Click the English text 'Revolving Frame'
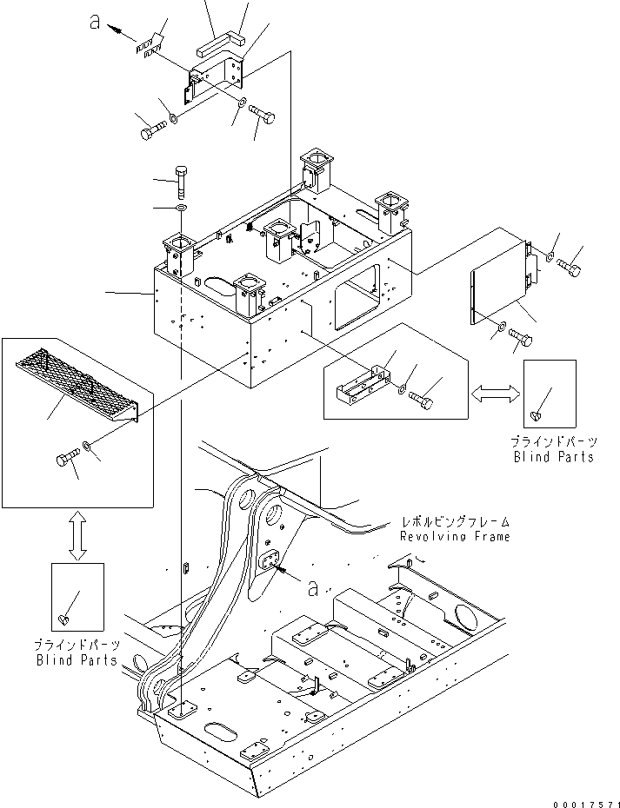click(x=454, y=537)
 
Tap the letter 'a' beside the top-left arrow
click(x=96, y=23)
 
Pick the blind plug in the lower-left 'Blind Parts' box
click(x=63, y=619)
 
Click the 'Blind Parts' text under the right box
click(x=553, y=457)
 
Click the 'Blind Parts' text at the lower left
click(x=77, y=660)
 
